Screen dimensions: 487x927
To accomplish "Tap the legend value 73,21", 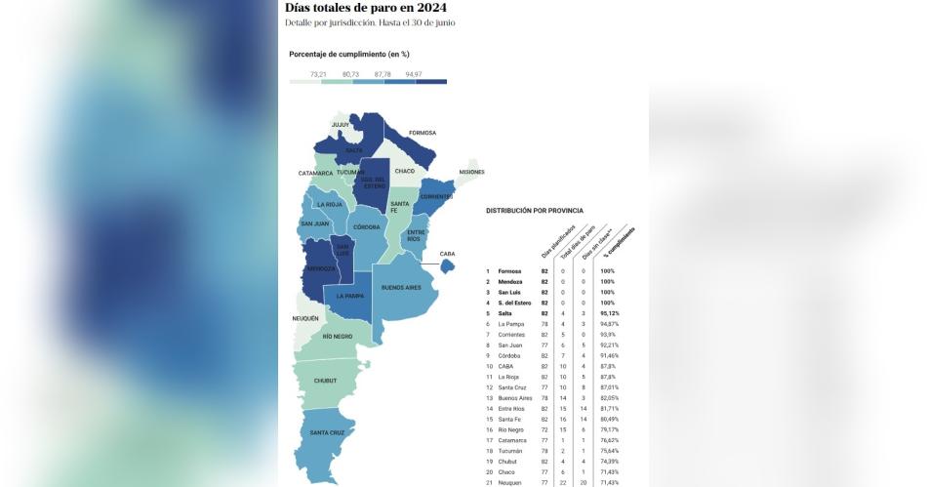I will coord(318,74).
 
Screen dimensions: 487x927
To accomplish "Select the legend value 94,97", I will coord(414,74).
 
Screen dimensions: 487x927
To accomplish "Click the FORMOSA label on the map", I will coord(423,133).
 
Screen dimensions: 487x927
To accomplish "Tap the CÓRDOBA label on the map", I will coord(367,226).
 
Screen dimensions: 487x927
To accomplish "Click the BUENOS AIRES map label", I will coord(401,288).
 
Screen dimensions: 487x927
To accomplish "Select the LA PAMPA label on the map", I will coord(350,296).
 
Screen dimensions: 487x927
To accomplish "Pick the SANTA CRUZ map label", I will coord(326,432).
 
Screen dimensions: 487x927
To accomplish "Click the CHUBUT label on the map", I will coord(325,381).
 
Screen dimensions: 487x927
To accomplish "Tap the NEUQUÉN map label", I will coord(305,318).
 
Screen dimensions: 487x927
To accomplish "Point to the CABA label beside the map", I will coord(447,254).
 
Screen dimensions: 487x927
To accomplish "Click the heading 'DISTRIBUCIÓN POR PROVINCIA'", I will coord(535,210).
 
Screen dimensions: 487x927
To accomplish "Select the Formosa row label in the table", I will coord(509,271).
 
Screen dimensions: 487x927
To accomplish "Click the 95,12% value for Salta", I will coord(610,313).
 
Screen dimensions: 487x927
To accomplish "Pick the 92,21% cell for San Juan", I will coord(610,345).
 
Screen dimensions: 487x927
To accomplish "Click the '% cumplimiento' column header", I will coord(623,244).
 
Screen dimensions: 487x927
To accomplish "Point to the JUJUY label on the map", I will coord(341,125).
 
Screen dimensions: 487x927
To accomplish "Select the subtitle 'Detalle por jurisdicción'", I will coord(329,22).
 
